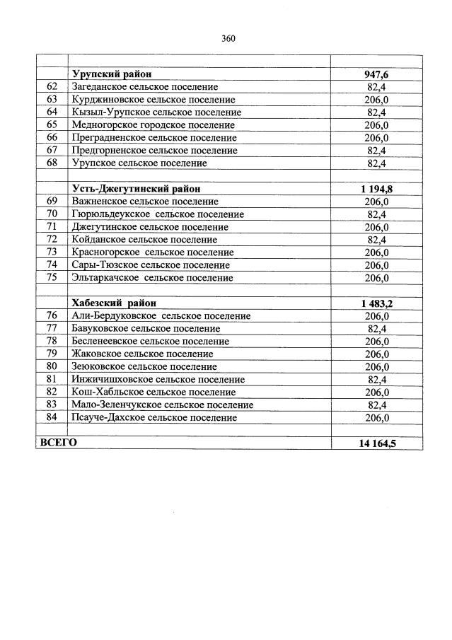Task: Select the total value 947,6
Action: (x=376, y=74)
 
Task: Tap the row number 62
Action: (x=51, y=87)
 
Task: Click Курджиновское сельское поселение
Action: (x=153, y=100)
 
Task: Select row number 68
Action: (x=51, y=163)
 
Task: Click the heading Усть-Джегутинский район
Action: (x=136, y=189)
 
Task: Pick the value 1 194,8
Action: (x=376, y=189)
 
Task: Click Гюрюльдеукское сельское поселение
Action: (x=158, y=214)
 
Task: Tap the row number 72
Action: (x=51, y=240)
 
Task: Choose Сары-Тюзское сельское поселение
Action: (x=151, y=265)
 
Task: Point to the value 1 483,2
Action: (x=376, y=303)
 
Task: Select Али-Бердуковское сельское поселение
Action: (x=161, y=316)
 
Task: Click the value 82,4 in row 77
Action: (x=376, y=329)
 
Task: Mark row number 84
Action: (x=51, y=418)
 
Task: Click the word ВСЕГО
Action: (x=58, y=443)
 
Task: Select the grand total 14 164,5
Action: (x=376, y=443)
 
